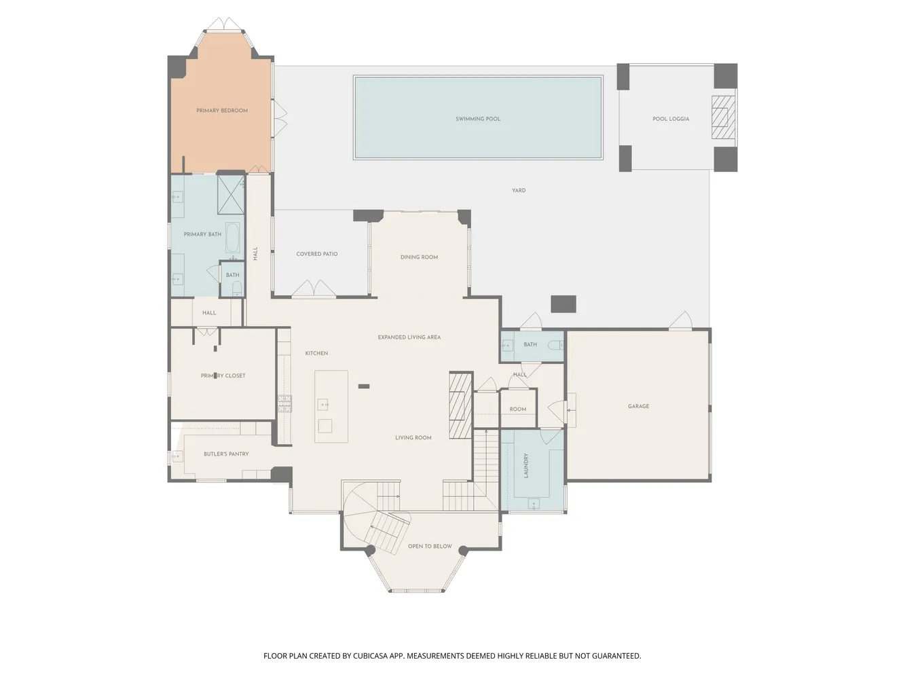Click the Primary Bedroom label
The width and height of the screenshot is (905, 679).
pos(222,111)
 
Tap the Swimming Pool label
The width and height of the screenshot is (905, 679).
pos(478,119)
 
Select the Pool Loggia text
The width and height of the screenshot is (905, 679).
pos(670,119)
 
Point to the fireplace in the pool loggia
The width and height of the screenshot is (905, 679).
pos(723,117)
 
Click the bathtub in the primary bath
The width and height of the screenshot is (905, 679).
pos(233,238)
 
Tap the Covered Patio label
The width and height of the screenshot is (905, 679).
pos(316,254)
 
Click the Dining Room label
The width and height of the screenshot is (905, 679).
pos(419,257)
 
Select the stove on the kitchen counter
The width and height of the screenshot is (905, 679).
pos(284,403)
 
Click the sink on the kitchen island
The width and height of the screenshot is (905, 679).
pos(323,405)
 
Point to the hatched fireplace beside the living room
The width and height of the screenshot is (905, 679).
pos(460,405)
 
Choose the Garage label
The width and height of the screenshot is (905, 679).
pos(638,406)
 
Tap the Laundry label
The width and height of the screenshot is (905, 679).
pos(525,465)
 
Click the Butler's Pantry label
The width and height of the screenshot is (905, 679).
pos(226,454)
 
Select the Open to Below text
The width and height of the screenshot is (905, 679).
pos(430,546)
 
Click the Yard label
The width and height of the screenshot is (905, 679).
pos(519,191)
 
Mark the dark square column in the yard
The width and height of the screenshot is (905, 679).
pos(564,304)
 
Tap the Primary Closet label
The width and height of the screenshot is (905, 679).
pos(223,375)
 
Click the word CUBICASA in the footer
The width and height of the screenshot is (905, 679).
pos(370,656)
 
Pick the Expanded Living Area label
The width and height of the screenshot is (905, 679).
pos(409,337)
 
